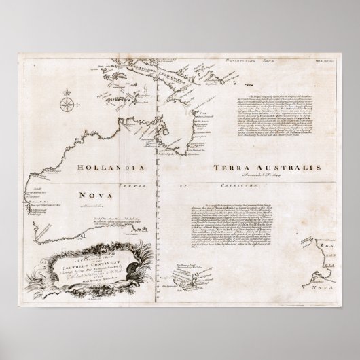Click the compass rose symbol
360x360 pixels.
coord(67,104)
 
